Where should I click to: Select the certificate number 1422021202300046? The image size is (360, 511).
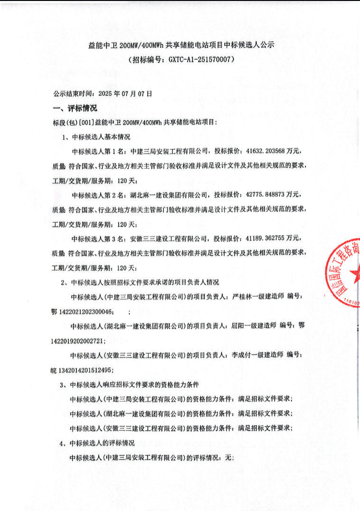click(x=87, y=311)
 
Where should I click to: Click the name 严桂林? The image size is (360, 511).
click(x=242, y=297)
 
